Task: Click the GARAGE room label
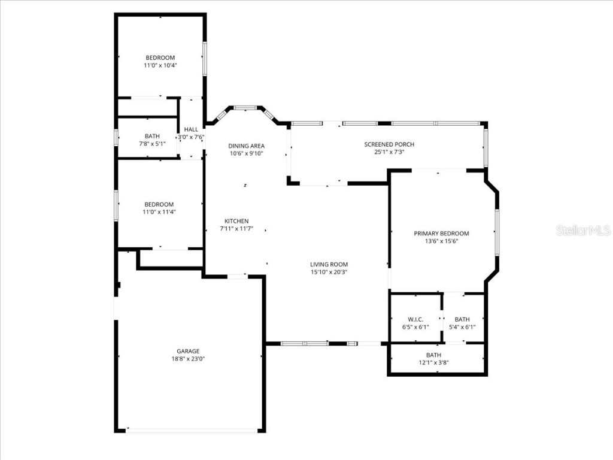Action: [x=188, y=351]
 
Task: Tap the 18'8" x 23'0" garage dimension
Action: [x=188, y=359]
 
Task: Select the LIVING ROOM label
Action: [x=329, y=264]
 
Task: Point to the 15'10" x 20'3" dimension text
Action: [x=329, y=272]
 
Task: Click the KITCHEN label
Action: [x=236, y=221]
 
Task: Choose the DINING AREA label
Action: [x=246, y=146]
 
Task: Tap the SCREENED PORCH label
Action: [x=389, y=144]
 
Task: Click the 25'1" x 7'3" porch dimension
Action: [x=389, y=152]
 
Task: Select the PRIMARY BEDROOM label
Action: [x=442, y=234]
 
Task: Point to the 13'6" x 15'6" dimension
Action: [x=442, y=241]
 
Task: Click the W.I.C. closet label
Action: [x=415, y=319]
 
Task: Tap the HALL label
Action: [x=191, y=129]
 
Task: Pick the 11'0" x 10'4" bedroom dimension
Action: [x=160, y=65]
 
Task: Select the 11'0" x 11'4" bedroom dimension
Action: [x=159, y=211]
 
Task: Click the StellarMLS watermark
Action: [x=582, y=231]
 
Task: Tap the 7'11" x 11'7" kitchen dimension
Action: [x=236, y=229]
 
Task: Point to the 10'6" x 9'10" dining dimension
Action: [x=246, y=153]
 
